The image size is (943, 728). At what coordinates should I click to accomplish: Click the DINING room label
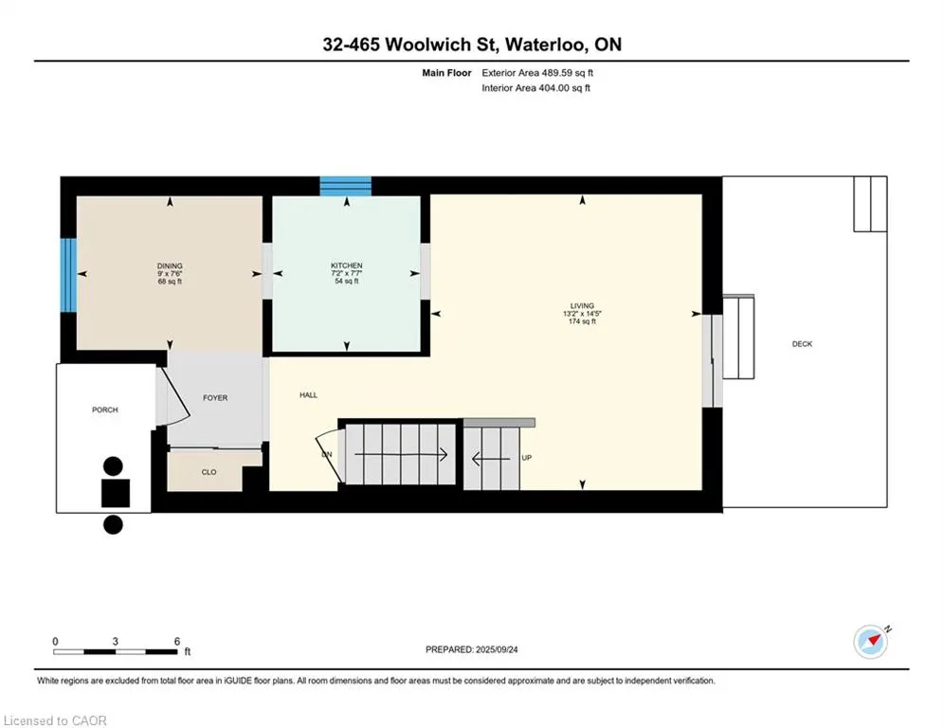coord(171,265)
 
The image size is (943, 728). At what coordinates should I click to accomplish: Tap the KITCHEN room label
coord(346,265)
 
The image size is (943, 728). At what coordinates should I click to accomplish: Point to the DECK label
coord(802,344)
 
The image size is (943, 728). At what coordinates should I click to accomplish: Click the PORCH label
coord(105,409)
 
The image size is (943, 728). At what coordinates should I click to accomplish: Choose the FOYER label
coord(215,398)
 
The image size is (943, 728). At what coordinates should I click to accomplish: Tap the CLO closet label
coord(209,471)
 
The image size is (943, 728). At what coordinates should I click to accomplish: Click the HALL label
coord(308,395)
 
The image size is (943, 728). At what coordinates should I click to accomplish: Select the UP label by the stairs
coord(526,458)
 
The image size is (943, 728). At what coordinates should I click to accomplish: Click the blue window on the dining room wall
coord(68,274)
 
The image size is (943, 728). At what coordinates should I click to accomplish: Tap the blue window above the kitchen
coord(345,186)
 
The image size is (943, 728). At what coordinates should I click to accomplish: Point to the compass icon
coord(870,641)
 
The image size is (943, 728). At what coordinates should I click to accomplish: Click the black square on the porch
coord(117,494)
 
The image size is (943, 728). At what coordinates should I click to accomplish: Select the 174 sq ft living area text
coord(581,322)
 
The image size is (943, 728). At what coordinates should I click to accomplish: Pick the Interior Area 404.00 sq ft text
coord(536,88)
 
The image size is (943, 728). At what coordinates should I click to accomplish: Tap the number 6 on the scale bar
coord(176,641)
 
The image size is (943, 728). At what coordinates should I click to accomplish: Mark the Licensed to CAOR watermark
coord(56,720)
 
